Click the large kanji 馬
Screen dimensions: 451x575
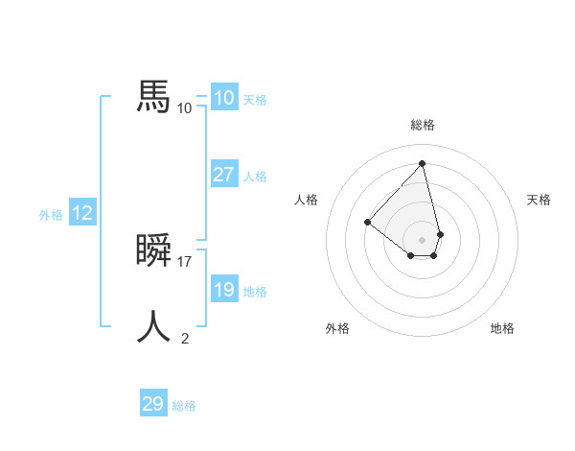(154, 97)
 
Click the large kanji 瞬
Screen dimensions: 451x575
(154, 250)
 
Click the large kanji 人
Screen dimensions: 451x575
(154, 327)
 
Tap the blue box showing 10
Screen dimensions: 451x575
(223, 98)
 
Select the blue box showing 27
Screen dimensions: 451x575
(223, 175)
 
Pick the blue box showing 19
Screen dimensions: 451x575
(223, 290)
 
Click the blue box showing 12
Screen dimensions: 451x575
(82, 213)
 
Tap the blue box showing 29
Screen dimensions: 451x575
(153, 404)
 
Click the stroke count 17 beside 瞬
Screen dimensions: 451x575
(186, 261)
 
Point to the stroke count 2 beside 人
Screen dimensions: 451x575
(185, 338)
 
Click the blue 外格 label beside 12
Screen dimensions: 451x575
(51, 215)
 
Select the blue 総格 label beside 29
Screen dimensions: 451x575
(184, 406)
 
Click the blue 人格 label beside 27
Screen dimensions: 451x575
(255, 177)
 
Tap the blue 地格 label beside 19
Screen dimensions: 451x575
(255, 292)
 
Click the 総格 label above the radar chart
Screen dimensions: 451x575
(423, 125)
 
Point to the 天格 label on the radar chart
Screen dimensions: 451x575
(540, 200)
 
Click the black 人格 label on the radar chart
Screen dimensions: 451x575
(306, 200)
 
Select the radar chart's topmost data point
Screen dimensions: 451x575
(423, 163)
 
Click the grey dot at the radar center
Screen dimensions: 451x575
(423, 239)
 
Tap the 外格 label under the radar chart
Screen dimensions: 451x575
(337, 328)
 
